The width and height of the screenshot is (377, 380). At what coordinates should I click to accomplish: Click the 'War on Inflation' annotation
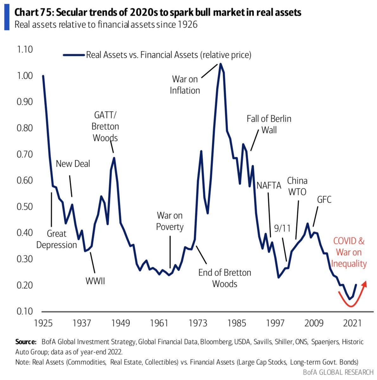pyautogui.click(x=185, y=85)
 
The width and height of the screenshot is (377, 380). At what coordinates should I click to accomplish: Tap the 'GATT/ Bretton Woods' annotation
pyautogui.click(x=105, y=126)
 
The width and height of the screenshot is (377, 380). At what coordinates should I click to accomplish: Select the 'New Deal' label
pyautogui.click(x=73, y=164)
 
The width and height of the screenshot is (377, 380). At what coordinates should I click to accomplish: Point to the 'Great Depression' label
pyautogui.click(x=57, y=239)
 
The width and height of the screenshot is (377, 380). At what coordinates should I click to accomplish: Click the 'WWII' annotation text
pyautogui.click(x=95, y=281)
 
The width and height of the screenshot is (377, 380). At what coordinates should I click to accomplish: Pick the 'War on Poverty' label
pyautogui.click(x=170, y=221)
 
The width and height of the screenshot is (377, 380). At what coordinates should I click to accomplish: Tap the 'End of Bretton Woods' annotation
pyautogui.click(x=225, y=278)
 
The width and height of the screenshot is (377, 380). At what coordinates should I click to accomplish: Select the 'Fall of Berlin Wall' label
pyautogui.click(x=269, y=124)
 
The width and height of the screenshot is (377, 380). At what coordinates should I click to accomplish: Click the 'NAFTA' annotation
pyautogui.click(x=269, y=185)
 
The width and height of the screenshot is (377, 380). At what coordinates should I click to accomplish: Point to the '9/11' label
pyautogui.click(x=282, y=228)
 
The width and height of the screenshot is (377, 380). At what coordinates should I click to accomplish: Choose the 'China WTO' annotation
pyautogui.click(x=297, y=186)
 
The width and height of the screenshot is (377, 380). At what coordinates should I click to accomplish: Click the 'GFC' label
pyautogui.click(x=324, y=199)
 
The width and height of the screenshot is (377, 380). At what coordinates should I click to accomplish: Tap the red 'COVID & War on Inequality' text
pyautogui.click(x=348, y=252)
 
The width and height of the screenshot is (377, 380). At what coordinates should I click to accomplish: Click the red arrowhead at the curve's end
pyautogui.click(x=365, y=283)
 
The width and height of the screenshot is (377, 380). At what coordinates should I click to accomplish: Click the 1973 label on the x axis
pyautogui.click(x=198, y=323)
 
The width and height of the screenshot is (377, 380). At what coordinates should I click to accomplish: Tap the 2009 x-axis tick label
pyautogui.click(x=314, y=323)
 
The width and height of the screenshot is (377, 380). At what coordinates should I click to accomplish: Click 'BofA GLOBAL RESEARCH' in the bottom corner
pyautogui.click(x=338, y=372)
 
